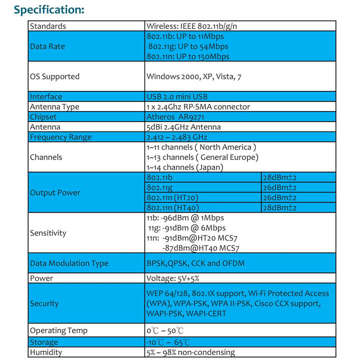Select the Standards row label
tap(48, 26)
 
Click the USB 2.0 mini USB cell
tap(177, 96)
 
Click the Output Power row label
tap(55, 192)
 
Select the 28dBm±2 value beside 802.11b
tap(279, 177)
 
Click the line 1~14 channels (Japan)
tap(185, 167)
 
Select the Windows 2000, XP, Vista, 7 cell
tap(194, 76)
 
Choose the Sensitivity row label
tap(48, 233)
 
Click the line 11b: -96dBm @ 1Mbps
tap(185, 218)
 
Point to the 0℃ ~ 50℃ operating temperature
tap(165, 330)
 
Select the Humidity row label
tap(46, 352)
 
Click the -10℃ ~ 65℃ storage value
tap(168, 342)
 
